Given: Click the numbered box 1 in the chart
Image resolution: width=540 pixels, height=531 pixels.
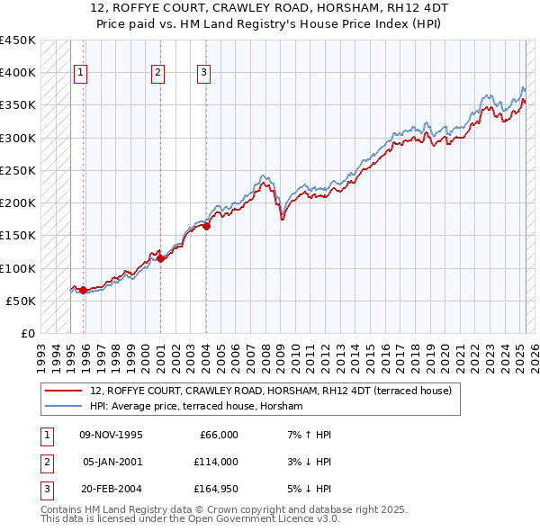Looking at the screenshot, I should pyautogui.click(x=81, y=74).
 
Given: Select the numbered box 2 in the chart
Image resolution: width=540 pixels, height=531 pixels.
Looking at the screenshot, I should pyautogui.click(x=157, y=74).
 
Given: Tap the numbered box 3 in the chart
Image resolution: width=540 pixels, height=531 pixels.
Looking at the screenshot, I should pyautogui.click(x=203, y=74).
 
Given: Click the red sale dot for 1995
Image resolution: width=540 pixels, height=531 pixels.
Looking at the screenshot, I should pyautogui.click(x=84, y=290).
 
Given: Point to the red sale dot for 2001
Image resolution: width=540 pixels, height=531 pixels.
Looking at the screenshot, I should pyautogui.click(x=161, y=258).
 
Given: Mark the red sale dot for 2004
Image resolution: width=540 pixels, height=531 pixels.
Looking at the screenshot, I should pyautogui.click(x=206, y=226).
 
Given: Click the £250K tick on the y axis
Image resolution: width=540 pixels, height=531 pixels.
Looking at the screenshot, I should pyautogui.click(x=18, y=170).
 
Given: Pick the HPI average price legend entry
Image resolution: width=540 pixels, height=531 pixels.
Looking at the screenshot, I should pyautogui.click(x=196, y=407).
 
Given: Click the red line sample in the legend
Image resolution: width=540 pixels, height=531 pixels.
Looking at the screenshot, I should pyautogui.click(x=63, y=391).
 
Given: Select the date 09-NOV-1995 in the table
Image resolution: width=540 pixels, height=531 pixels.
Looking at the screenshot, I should pyautogui.click(x=112, y=435).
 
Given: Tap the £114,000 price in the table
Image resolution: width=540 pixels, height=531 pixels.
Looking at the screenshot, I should pyautogui.click(x=214, y=462).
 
